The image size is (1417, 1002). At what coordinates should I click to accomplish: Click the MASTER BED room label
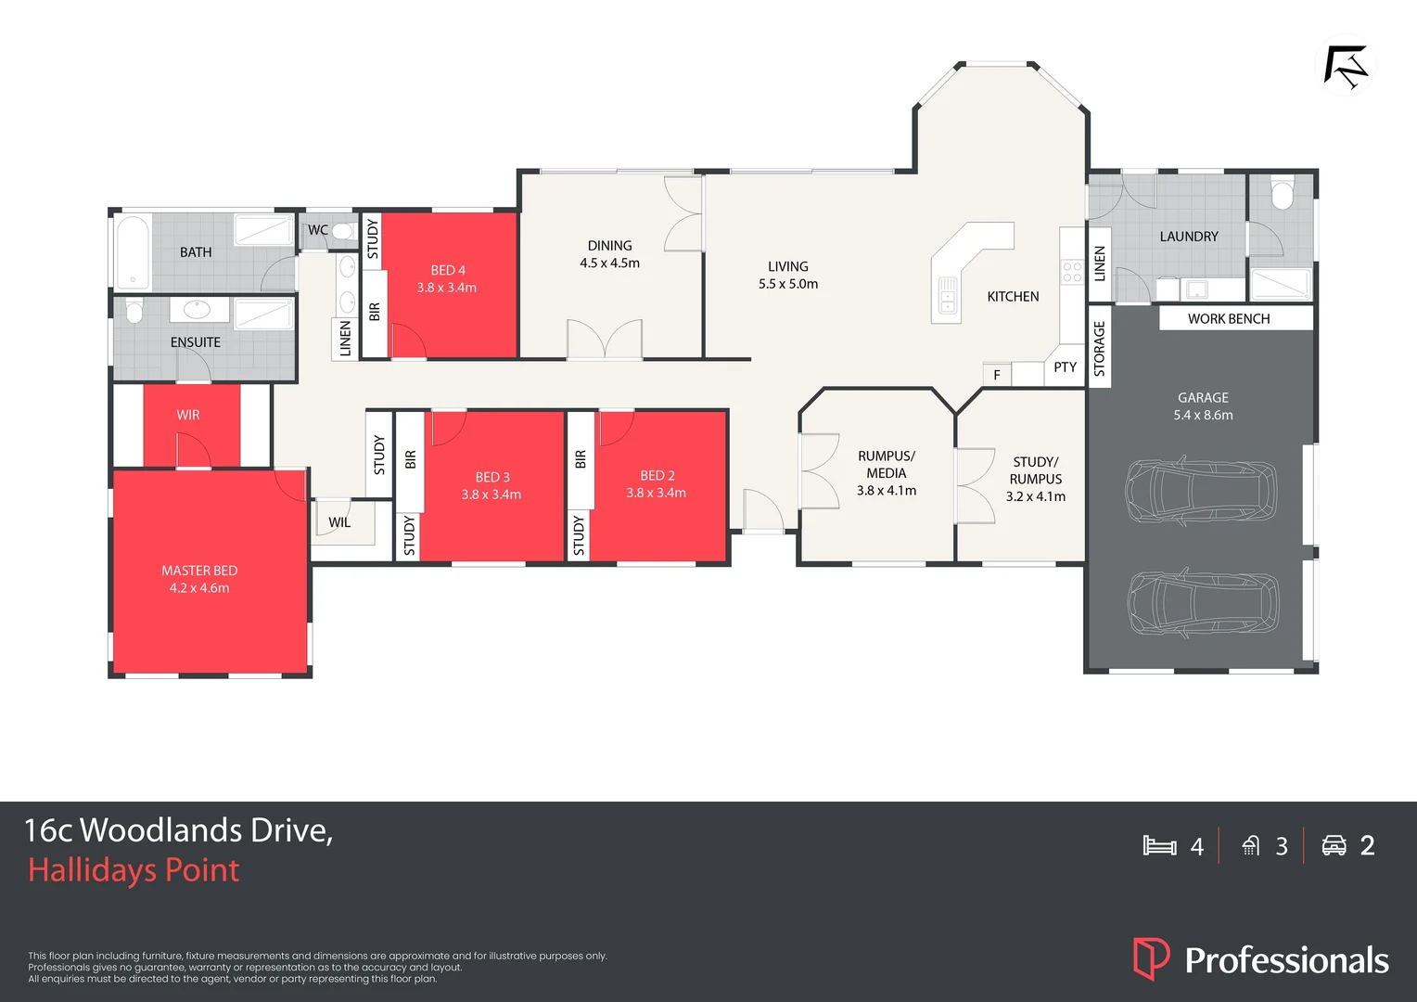click(x=199, y=571)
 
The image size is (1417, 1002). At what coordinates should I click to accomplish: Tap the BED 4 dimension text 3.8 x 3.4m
click(x=446, y=288)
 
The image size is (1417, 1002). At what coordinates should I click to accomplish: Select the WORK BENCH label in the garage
click(x=1228, y=318)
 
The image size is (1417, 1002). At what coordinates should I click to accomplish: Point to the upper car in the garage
click(x=1201, y=490)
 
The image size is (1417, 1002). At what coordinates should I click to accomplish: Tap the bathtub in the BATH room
click(x=133, y=252)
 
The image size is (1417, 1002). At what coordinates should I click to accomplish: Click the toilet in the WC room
click(x=343, y=230)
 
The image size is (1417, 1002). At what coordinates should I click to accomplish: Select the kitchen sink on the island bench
click(x=947, y=296)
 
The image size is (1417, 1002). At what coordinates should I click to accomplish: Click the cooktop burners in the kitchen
click(x=1072, y=272)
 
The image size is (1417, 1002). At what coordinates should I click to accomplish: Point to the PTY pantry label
click(x=1065, y=367)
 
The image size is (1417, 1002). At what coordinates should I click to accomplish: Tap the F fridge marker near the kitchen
click(x=997, y=375)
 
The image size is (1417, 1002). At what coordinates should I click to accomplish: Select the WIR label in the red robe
click(x=188, y=415)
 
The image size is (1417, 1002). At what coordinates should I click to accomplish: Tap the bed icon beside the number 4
click(x=1159, y=845)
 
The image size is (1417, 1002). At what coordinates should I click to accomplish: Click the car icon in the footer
click(x=1334, y=845)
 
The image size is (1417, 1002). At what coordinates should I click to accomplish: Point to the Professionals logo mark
click(x=1151, y=958)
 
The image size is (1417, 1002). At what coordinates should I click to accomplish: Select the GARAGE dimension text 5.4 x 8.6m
click(x=1203, y=415)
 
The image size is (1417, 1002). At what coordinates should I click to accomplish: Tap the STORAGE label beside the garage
click(x=1099, y=348)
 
